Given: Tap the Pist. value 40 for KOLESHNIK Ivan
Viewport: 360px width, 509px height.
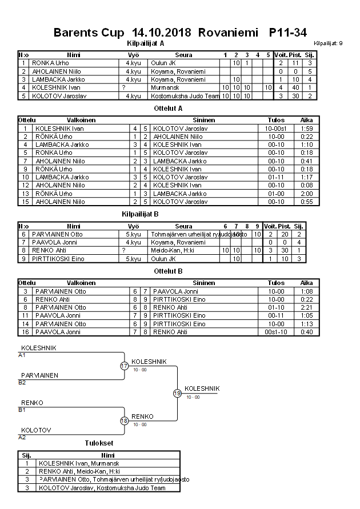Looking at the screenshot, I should [295, 87].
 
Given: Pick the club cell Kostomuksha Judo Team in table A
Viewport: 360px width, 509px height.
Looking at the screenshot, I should [184, 96].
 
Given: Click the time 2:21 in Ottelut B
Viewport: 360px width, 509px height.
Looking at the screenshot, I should [306, 307].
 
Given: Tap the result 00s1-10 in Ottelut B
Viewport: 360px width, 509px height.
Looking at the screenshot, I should [276, 332].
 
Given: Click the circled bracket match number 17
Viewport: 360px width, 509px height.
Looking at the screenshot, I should [124, 366].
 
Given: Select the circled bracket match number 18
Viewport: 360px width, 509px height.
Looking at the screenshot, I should [124, 421].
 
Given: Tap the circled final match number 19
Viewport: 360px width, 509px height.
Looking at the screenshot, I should [177, 393].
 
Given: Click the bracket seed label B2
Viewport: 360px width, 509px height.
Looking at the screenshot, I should [22, 382].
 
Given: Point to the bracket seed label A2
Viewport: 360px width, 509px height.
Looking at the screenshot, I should [22, 437].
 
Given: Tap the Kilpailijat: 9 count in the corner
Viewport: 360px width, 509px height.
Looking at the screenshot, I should [329, 43].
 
